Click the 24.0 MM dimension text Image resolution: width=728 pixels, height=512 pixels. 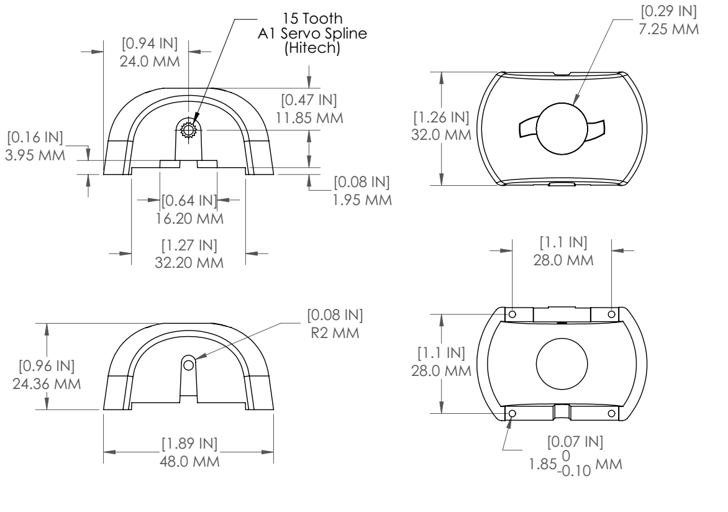click(150, 61)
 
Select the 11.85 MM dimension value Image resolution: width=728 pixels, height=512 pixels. click(309, 118)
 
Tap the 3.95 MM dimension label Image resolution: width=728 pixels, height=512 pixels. click(35, 155)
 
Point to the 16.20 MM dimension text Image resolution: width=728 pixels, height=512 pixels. click(189, 218)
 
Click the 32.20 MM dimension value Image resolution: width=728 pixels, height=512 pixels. click(189, 262)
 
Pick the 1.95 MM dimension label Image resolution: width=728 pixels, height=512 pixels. click(362, 200)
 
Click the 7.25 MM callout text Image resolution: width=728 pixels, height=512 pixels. click(668, 29)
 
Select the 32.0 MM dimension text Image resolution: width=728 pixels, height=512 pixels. click(441, 135)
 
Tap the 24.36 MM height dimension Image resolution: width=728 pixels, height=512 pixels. click(47, 384)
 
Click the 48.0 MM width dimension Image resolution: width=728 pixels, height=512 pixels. click(189, 462)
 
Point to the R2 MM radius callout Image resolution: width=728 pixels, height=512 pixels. click(335, 332)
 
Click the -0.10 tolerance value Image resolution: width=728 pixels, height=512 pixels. click(576, 471)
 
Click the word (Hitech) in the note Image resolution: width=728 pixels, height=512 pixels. click(312, 48)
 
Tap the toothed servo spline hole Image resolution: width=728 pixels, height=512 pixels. click(188, 130)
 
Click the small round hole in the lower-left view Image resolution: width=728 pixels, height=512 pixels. click(188, 365)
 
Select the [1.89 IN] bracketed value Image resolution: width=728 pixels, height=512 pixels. click(189, 444)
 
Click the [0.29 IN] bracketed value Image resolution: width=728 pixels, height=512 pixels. click(668, 11)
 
